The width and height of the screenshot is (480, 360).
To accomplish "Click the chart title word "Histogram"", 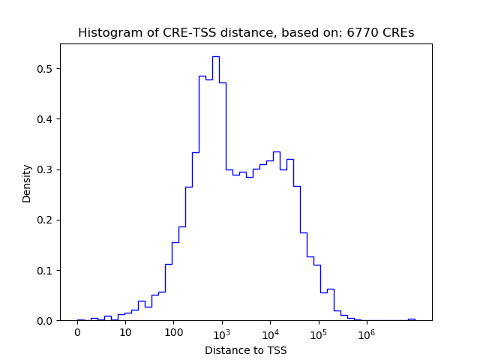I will click(x=104, y=33).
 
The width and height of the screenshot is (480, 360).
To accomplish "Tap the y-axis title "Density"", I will click(x=27, y=183).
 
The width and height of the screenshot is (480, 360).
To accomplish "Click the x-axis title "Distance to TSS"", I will click(x=245, y=350).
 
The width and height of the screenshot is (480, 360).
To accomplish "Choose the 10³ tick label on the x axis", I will click(x=222, y=333).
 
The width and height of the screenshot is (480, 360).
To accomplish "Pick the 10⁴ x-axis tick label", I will click(x=270, y=333).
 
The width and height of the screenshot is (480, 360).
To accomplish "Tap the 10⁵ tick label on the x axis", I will click(x=318, y=333).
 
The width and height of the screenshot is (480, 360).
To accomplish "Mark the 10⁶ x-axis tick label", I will click(x=366, y=333).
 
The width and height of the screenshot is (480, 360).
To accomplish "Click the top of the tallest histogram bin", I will click(x=215, y=56).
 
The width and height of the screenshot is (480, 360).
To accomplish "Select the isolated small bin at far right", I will click(x=411, y=319).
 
